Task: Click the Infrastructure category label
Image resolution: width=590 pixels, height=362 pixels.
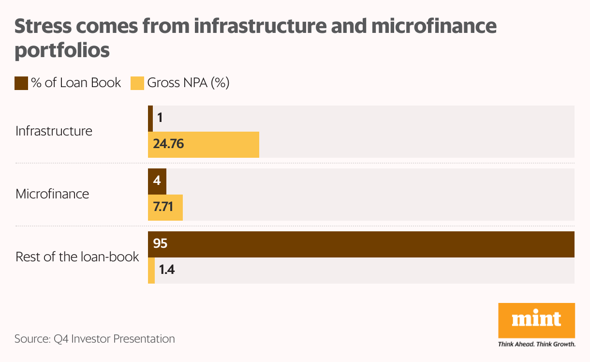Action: click(x=54, y=131)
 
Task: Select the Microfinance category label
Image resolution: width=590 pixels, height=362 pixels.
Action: click(x=52, y=194)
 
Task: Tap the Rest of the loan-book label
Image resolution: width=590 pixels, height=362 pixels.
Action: click(x=77, y=256)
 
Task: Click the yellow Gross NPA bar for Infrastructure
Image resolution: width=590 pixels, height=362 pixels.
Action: click(x=203, y=144)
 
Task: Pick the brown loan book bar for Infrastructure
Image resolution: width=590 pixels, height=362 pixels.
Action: click(x=150, y=118)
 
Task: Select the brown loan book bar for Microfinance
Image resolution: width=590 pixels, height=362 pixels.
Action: click(x=157, y=181)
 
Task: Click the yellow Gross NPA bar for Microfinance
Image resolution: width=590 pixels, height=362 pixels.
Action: click(x=165, y=208)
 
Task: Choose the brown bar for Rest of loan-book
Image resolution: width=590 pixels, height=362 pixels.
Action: click(x=361, y=244)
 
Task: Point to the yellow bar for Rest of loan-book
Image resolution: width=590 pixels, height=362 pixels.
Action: click(x=151, y=270)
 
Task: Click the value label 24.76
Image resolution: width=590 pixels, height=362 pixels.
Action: click(x=168, y=144)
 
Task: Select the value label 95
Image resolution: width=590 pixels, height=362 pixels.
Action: click(x=160, y=243)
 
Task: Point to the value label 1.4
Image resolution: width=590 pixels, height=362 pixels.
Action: click(x=167, y=270)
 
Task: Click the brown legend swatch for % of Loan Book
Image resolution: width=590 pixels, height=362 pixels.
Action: click(x=21, y=83)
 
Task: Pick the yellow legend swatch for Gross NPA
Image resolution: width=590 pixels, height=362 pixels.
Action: click(x=137, y=83)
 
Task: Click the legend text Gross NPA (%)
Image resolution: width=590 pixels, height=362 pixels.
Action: click(x=188, y=83)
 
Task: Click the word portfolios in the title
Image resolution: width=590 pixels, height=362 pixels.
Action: click(x=62, y=50)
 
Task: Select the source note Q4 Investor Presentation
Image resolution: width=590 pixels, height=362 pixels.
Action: click(x=114, y=339)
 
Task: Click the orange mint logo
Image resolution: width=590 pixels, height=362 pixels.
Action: click(x=536, y=320)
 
